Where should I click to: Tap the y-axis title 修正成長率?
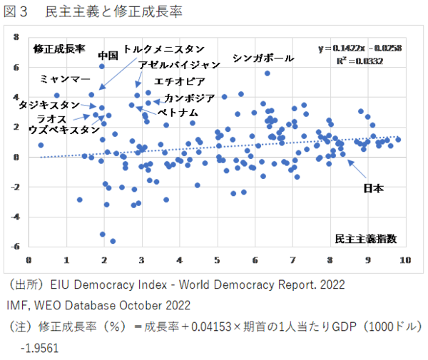click(59, 49)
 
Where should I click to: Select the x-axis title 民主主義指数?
click(366, 237)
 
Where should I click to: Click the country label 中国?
click(108, 55)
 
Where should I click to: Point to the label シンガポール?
click(263, 58)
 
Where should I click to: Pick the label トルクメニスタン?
click(164, 49)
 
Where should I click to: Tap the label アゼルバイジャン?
click(180, 65)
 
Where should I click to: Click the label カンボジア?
click(189, 98)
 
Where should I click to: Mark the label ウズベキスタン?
click(64, 130)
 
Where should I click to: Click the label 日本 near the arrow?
click(373, 188)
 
